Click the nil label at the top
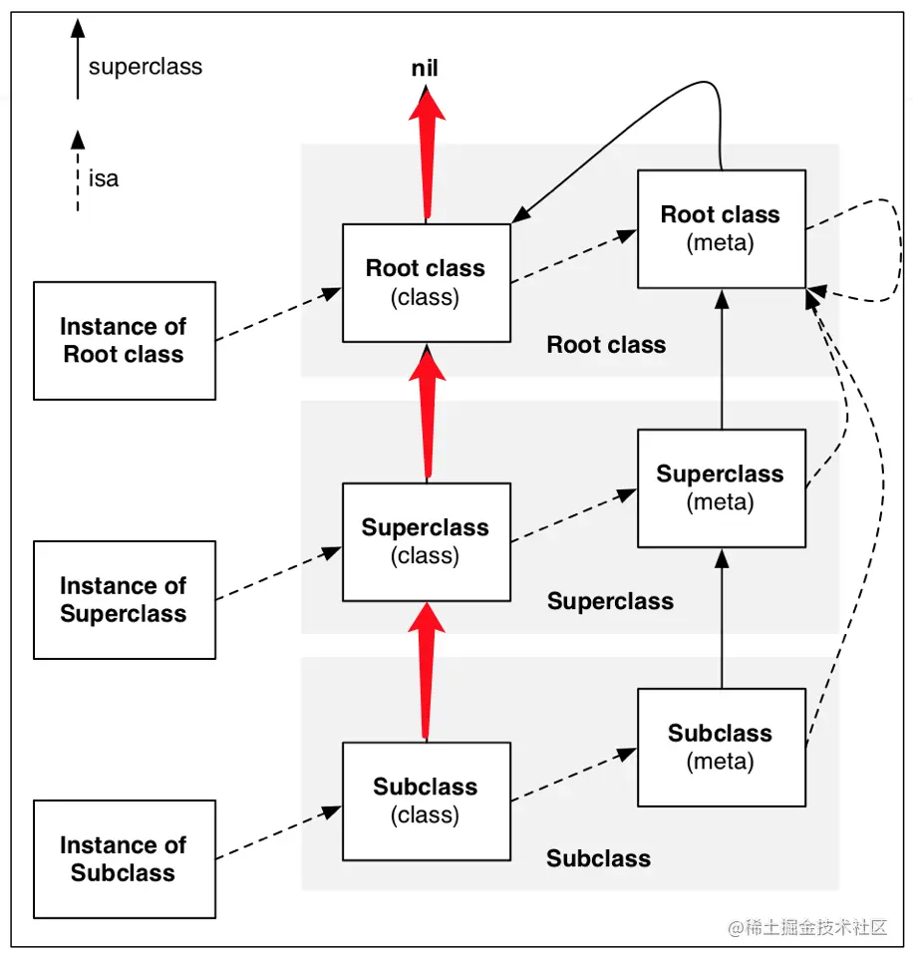(x=425, y=69)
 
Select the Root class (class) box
(x=426, y=282)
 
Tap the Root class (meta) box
(x=721, y=228)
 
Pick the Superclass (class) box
(x=426, y=541)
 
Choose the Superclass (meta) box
(x=721, y=487)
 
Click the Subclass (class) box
(x=426, y=801)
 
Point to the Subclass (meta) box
(x=721, y=747)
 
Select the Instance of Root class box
(x=124, y=340)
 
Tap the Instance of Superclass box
(x=124, y=599)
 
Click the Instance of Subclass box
(x=124, y=858)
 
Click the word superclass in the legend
(x=146, y=68)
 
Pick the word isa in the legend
(x=104, y=179)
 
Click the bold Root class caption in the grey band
(x=606, y=345)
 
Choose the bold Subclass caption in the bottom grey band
(x=598, y=858)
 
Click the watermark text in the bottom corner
(x=807, y=927)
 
